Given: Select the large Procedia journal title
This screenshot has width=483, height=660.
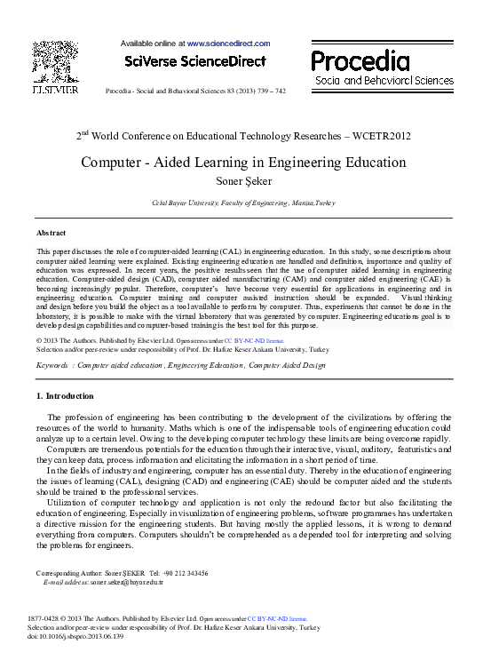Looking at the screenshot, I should click(x=360, y=60).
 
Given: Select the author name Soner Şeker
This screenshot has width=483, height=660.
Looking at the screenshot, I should click(x=242, y=182).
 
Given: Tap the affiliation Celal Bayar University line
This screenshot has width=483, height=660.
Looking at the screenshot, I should click(x=242, y=203).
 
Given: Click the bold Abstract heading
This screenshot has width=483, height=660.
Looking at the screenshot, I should click(x=51, y=232).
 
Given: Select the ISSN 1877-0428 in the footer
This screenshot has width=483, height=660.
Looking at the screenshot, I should click(x=50, y=617).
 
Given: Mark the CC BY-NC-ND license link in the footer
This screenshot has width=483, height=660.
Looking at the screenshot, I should click(x=277, y=617).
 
